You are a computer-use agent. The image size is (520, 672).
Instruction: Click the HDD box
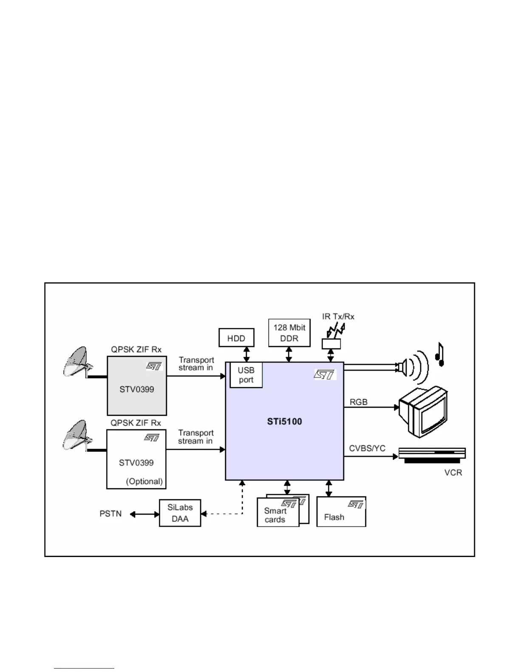pos(236,338)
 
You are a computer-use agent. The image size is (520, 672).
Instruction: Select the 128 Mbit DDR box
pos(289,333)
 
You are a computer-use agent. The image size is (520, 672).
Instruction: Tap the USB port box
pos(246,375)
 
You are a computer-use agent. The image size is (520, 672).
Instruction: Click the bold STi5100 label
pos(284,422)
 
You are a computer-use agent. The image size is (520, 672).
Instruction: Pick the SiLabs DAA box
pos(180,513)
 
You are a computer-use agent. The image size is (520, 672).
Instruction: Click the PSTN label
pos(110,514)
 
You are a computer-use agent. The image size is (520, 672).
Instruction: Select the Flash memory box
pos(341,512)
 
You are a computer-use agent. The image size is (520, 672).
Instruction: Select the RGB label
pos(358,402)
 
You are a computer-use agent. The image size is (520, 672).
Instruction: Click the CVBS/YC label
pos(367,448)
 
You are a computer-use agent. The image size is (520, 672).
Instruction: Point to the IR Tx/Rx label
pos(338,316)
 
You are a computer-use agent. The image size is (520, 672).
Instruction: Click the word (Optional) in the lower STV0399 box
pos(144,482)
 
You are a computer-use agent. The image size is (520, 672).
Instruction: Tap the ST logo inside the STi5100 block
pos(325,374)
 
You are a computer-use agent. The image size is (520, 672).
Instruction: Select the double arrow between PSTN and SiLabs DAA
pos(144,514)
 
